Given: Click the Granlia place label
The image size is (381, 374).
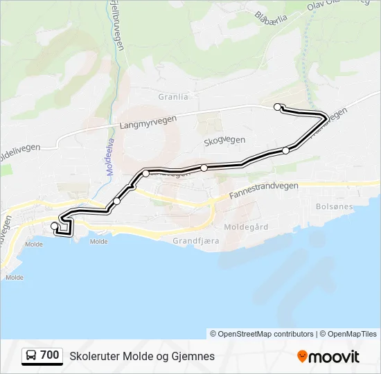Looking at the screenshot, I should [x=173, y=97].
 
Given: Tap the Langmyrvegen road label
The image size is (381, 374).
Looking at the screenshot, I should [x=148, y=123].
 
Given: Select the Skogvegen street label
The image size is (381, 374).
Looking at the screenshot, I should [x=224, y=141].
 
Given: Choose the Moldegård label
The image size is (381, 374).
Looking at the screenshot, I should [x=246, y=226].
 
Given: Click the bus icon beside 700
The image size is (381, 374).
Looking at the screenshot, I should [x=31, y=356].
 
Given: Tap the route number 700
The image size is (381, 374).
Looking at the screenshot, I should [x=50, y=355].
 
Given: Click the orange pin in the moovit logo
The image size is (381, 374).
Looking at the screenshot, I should [x=302, y=356].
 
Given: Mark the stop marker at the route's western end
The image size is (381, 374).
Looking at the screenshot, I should [x=55, y=226].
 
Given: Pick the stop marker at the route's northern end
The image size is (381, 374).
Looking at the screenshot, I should [x=278, y=107].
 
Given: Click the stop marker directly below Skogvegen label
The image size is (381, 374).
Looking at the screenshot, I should [x=204, y=168].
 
